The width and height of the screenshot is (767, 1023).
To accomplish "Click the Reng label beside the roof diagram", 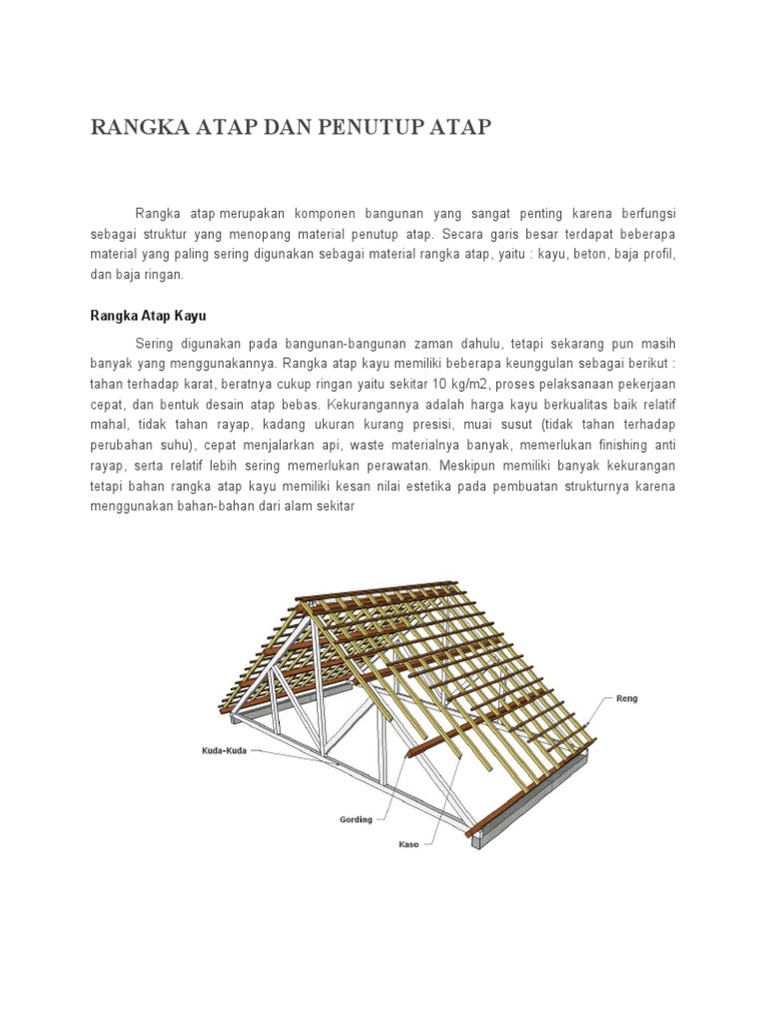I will [626, 699].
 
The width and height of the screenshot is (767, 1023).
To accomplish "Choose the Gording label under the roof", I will [356, 819].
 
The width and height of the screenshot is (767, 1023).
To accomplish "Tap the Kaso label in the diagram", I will [409, 844].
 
